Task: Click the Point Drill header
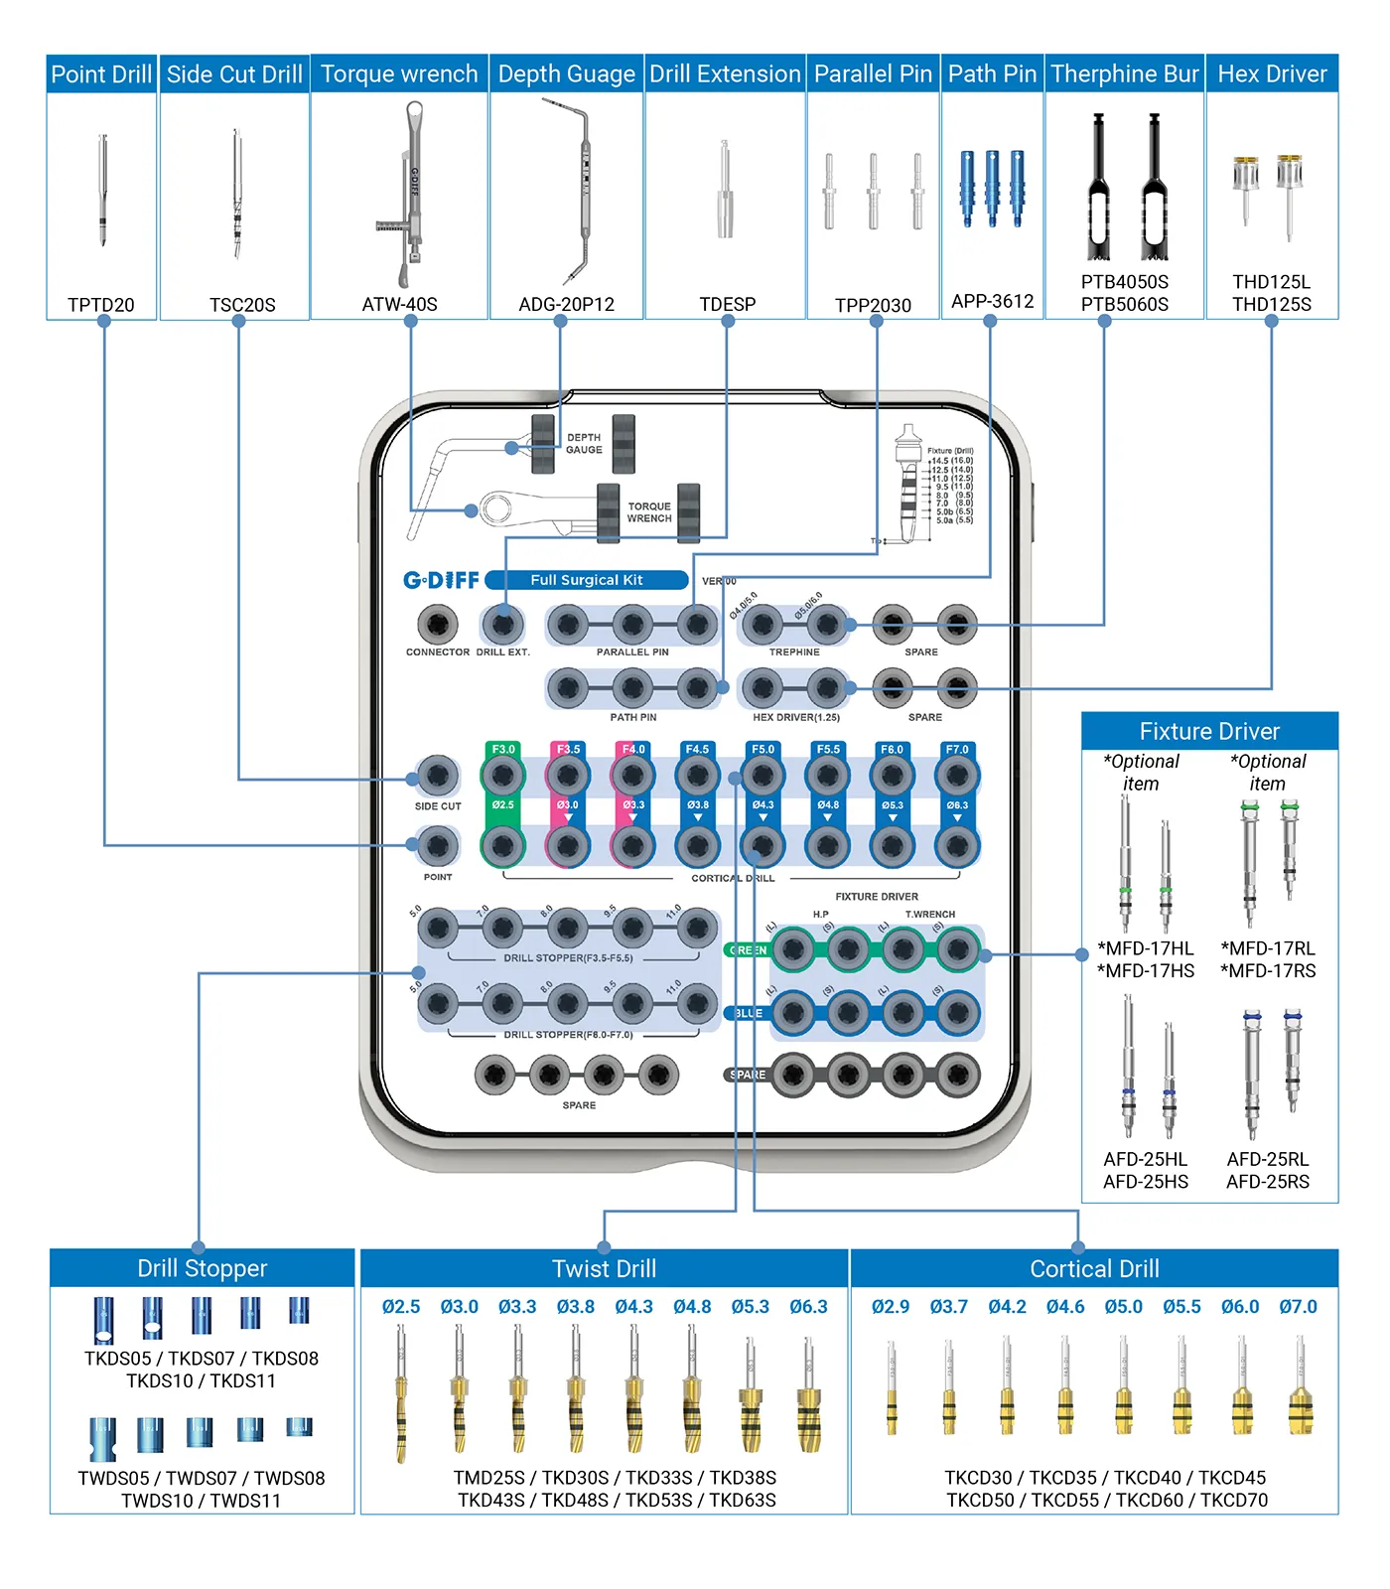point(101,74)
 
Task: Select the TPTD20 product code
point(101,305)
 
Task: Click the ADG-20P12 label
point(566,305)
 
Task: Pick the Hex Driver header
point(1272,74)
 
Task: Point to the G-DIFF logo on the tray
point(441,580)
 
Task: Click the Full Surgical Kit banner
point(586,580)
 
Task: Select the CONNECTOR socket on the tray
point(437,625)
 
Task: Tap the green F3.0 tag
point(503,750)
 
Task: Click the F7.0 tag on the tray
point(957,750)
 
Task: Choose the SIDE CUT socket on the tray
point(437,776)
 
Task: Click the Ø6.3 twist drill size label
point(808,1307)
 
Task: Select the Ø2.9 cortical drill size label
point(891,1307)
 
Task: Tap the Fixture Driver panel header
point(1209,732)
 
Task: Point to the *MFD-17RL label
point(1268,948)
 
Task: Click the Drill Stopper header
point(203,1268)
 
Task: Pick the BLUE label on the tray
point(748,1014)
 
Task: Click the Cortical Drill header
point(1094,1269)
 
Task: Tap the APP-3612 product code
point(992,301)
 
